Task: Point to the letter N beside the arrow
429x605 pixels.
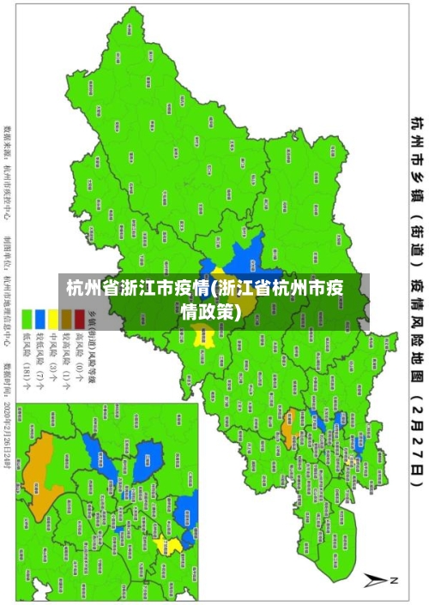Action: [394, 580]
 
